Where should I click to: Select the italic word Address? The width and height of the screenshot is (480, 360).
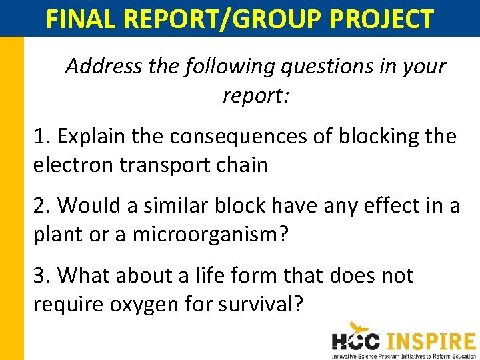point(103,67)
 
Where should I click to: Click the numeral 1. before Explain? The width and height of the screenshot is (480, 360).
point(41,136)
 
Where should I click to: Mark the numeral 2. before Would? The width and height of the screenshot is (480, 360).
point(42,206)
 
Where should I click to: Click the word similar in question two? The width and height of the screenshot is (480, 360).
point(171,206)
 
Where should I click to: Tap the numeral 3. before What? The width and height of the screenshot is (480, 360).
point(42,275)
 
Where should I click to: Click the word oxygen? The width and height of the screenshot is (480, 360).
point(148,305)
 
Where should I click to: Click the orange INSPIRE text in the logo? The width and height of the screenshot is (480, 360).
point(431,341)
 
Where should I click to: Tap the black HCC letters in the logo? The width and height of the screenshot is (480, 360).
point(356,342)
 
